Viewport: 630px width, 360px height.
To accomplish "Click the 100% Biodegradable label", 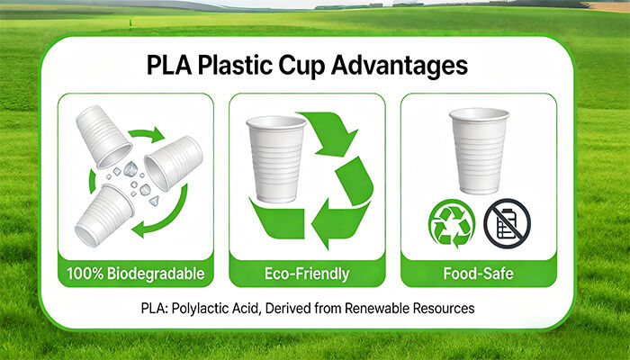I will pos(135,272).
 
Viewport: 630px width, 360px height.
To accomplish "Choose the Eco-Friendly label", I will pos(307,272).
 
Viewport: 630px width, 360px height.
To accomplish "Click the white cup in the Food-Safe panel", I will pos(479,148).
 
